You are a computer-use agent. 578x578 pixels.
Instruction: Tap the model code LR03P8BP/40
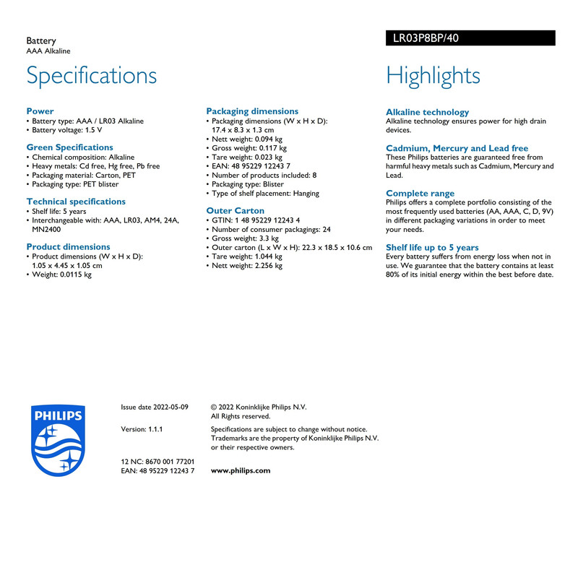(x=426, y=38)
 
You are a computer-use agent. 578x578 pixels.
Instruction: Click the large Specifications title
(x=92, y=75)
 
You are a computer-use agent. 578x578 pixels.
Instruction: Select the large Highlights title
(x=433, y=75)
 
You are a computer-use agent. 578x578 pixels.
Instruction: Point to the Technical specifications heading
(x=76, y=202)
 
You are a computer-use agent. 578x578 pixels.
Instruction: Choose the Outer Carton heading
(x=236, y=211)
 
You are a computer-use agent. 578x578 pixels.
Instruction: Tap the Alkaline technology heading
(x=427, y=112)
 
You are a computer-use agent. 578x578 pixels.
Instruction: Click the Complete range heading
(x=420, y=193)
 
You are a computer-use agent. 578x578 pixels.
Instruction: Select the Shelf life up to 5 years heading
(x=432, y=247)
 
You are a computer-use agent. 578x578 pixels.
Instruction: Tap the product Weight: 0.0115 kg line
(x=62, y=275)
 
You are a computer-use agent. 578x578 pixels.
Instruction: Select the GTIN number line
(x=256, y=220)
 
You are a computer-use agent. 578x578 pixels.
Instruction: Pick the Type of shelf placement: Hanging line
(x=265, y=194)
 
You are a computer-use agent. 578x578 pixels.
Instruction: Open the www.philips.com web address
(x=241, y=470)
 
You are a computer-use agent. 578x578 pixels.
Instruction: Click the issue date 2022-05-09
(x=155, y=407)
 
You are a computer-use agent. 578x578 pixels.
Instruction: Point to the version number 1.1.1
(x=142, y=429)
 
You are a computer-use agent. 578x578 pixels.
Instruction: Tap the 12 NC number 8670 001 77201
(x=158, y=461)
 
